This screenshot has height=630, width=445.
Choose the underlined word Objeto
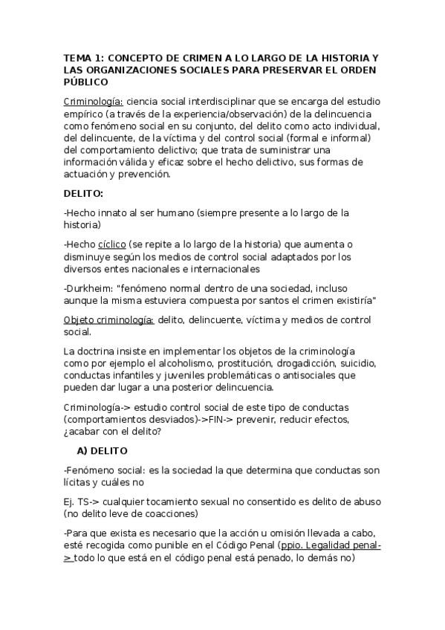click(x=80, y=319)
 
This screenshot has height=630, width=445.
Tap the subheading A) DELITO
click(x=102, y=450)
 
